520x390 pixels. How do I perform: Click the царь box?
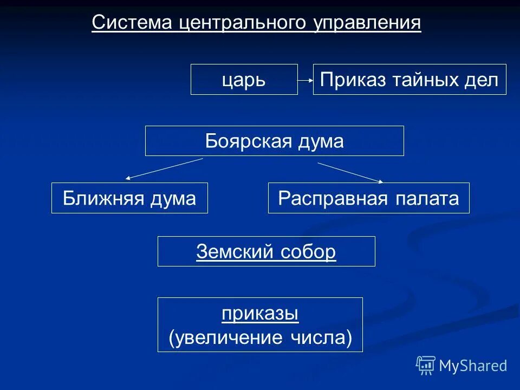point(244,80)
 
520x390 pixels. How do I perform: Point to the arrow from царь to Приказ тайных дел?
point(305,80)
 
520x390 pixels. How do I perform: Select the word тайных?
point(424,80)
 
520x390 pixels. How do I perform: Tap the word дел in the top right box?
point(482,80)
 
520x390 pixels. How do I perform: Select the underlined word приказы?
point(260,314)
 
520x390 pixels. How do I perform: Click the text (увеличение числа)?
point(260,337)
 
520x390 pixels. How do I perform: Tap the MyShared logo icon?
point(426,366)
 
